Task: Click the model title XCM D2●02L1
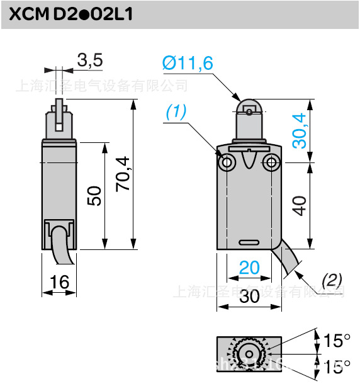click(71, 14)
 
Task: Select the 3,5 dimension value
click(89, 60)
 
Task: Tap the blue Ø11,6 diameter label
click(188, 63)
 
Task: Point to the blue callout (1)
click(177, 112)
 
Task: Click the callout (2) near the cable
click(332, 280)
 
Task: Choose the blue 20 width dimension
click(249, 268)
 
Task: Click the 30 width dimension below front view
click(249, 297)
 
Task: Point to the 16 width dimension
click(59, 282)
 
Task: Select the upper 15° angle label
click(337, 341)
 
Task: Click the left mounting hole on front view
click(227, 164)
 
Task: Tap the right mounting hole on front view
click(272, 164)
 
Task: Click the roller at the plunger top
click(250, 109)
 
